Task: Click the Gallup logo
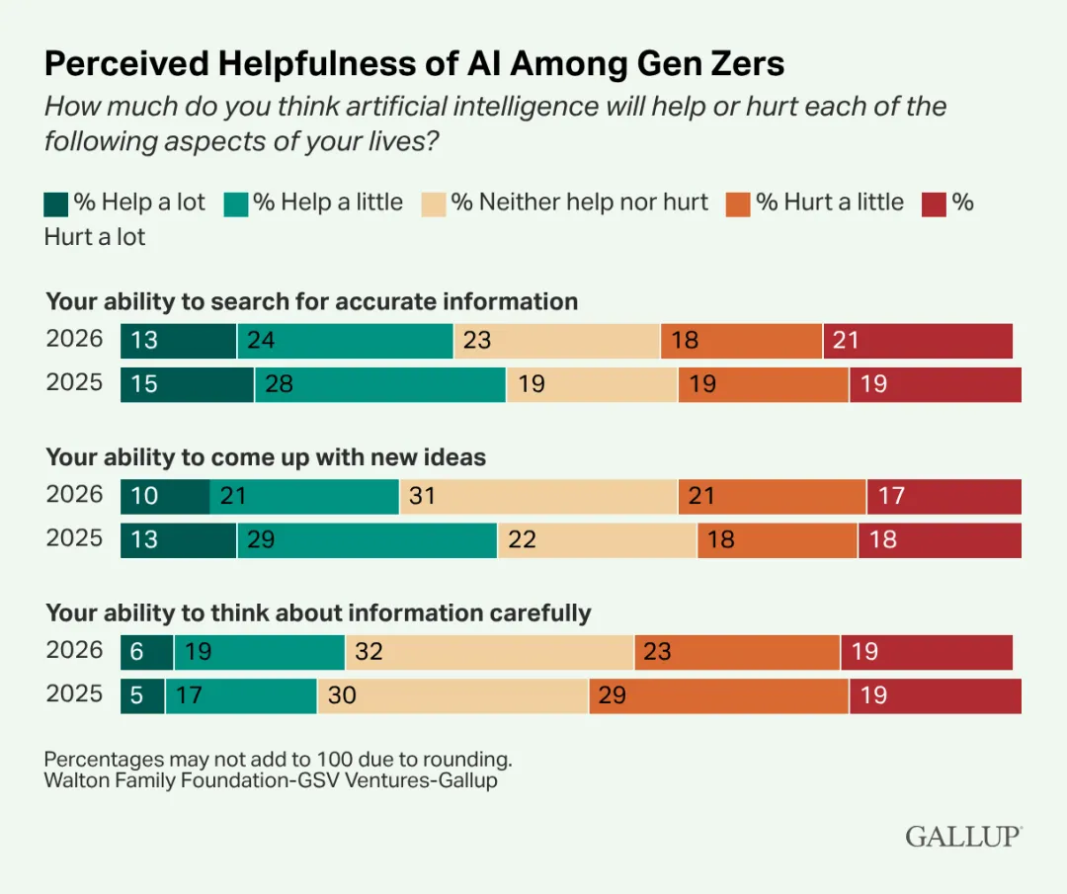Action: (963, 836)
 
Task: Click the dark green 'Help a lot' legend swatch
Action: (57, 203)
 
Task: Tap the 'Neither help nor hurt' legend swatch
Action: (433, 203)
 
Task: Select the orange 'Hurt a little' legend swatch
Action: (738, 203)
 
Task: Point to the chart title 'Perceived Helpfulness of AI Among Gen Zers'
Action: (414, 64)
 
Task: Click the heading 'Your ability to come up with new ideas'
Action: (266, 457)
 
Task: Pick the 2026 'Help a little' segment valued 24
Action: (345, 341)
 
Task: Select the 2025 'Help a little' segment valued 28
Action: (380, 384)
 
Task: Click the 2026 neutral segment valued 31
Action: (538, 496)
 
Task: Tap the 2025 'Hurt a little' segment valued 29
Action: (718, 695)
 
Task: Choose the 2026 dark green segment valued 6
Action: (147, 652)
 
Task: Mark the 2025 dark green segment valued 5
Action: (142, 695)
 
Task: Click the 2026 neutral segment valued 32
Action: (489, 652)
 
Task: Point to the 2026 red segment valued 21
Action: (918, 341)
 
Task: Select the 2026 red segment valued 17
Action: (944, 496)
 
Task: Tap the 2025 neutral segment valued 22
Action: (597, 540)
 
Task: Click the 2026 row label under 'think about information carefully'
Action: (75, 650)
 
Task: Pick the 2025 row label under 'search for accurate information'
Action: (75, 382)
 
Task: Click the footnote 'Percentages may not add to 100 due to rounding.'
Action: (279, 761)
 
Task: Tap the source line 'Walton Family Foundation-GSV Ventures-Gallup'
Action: (271, 780)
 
